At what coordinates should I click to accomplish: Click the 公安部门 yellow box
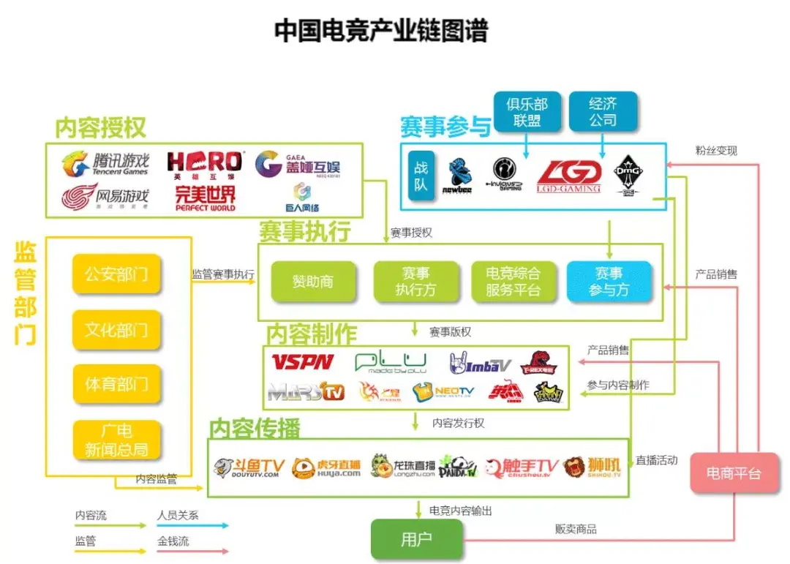pyautogui.click(x=116, y=275)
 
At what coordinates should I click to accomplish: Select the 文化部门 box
pyautogui.click(x=116, y=330)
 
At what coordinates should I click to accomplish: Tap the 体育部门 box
pyautogui.click(x=116, y=383)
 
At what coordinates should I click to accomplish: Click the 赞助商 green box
pyautogui.click(x=312, y=282)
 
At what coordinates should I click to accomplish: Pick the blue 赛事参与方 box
pyautogui.click(x=609, y=282)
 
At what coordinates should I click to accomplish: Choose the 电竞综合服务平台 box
pyautogui.click(x=513, y=282)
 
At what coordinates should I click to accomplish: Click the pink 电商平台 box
pyautogui.click(x=733, y=473)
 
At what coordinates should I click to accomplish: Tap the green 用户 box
pyautogui.click(x=417, y=540)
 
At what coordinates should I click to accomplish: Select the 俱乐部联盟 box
pyautogui.click(x=527, y=112)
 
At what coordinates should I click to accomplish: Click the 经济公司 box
pyautogui.click(x=603, y=112)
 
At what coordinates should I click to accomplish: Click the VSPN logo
pyautogui.click(x=302, y=362)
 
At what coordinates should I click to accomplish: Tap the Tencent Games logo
pyautogui.click(x=105, y=163)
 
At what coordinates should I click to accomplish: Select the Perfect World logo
pyautogui.click(x=206, y=197)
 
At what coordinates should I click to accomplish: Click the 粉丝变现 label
pyautogui.click(x=716, y=151)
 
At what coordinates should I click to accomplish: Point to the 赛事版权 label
pyautogui.click(x=451, y=332)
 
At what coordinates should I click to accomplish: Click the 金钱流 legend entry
pyautogui.click(x=173, y=542)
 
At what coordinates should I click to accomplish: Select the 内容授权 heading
pyautogui.click(x=101, y=128)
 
